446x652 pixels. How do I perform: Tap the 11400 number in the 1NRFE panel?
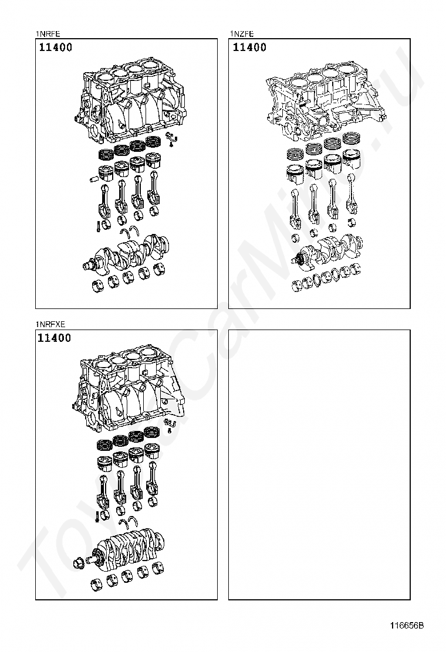coord(56,47)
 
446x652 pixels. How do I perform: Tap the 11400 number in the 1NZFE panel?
coord(249,47)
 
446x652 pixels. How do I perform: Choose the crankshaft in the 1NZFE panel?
coord(329,249)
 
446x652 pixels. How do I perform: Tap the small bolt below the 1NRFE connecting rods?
coord(94,223)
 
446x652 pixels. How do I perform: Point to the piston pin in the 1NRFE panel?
coord(94,177)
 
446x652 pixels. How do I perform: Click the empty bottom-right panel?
coord(319,464)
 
